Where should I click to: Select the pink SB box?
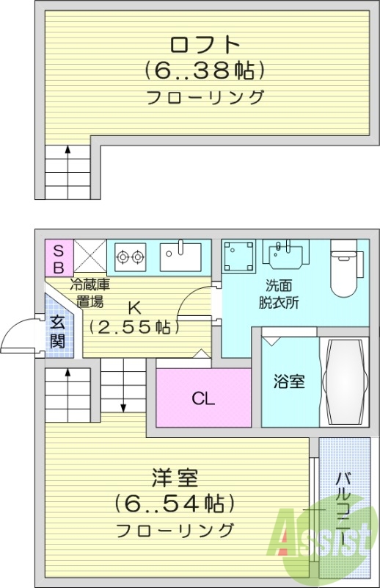57,257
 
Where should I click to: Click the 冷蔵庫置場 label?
89,293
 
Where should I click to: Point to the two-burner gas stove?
129,257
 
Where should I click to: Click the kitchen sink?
180,257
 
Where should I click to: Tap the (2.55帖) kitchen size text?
134,326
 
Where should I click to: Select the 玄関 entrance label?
58,331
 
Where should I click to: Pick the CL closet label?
203,399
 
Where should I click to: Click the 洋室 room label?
175,478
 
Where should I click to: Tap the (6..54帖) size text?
175,504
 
